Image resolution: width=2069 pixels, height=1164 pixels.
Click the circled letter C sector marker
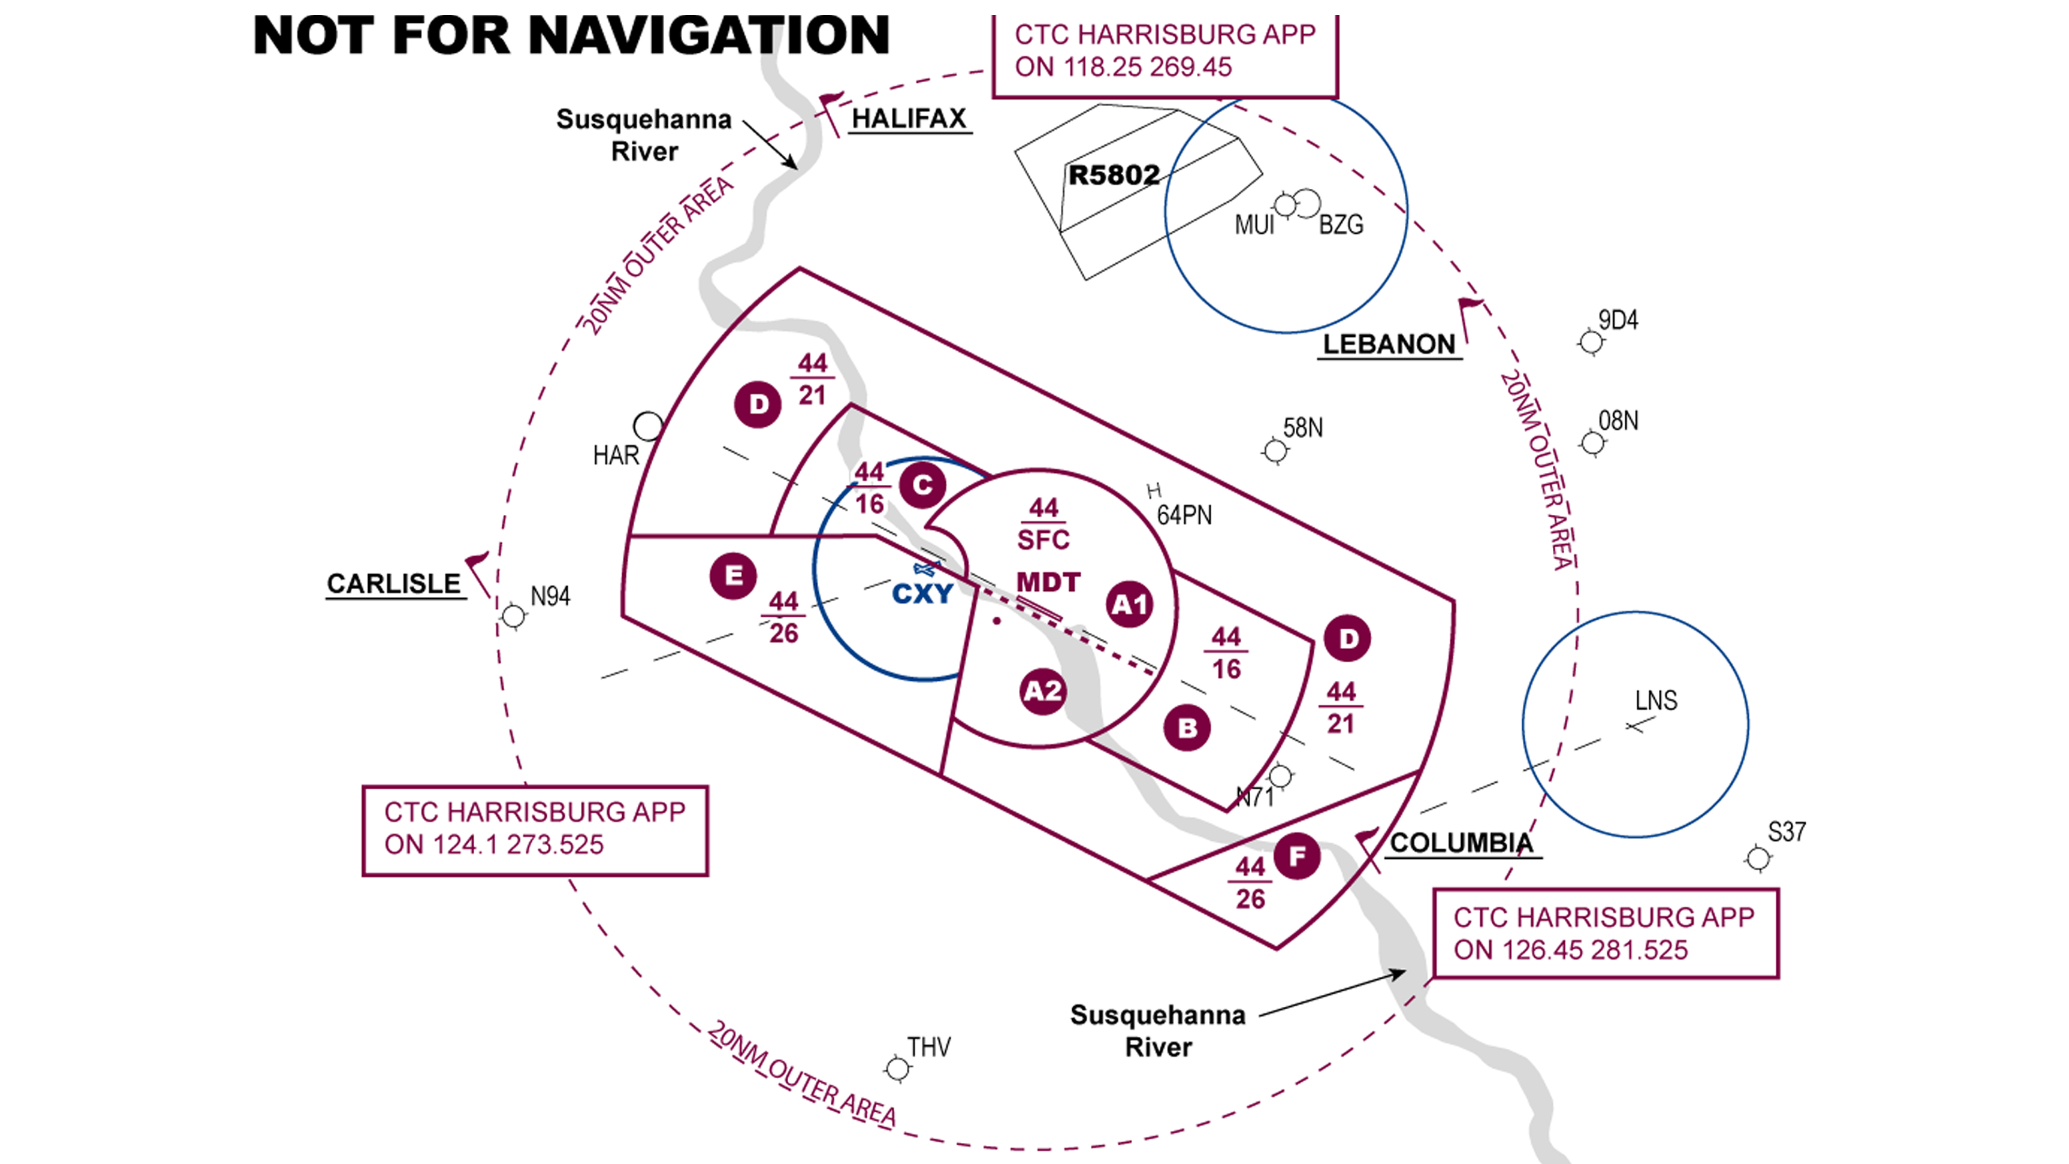coord(922,485)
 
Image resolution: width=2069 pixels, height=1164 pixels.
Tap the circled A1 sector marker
coord(1129,605)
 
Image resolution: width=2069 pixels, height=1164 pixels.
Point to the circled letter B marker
coord(1187,728)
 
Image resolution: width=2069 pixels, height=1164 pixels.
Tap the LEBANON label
coord(1389,345)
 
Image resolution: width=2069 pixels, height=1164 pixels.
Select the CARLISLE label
coord(394,584)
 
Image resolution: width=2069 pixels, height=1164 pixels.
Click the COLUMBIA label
coord(1461,843)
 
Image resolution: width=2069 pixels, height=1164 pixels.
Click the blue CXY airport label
coord(922,594)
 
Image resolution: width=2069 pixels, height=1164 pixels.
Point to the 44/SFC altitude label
coord(1043,524)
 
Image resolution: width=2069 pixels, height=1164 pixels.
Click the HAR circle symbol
coord(648,426)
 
